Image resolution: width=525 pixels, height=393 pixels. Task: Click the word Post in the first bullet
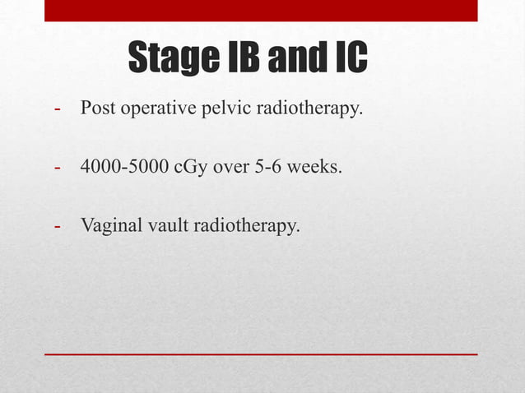coord(95,109)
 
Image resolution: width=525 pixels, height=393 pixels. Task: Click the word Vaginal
coord(107,225)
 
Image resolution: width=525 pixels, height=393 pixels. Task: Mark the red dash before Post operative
coord(58,109)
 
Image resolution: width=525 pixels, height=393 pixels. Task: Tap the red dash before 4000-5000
coord(58,168)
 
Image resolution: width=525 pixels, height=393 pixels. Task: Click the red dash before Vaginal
coord(58,225)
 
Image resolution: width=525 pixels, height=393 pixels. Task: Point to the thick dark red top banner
coord(261,11)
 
